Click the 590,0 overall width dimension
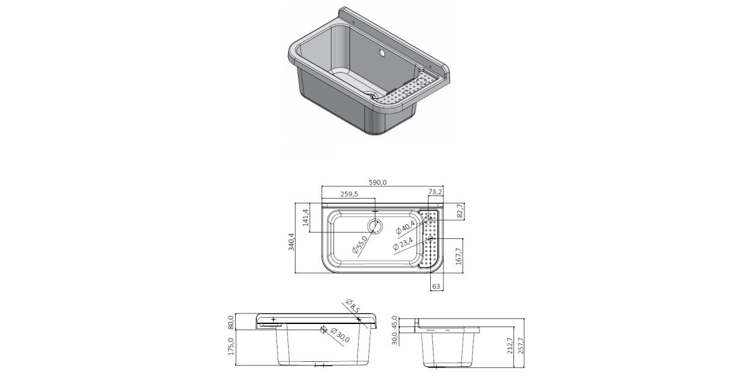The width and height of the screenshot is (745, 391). coord(378,182)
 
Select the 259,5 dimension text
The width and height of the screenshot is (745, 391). coord(349,194)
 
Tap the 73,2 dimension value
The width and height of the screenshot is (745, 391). coord(435,192)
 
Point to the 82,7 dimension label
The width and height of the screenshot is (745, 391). coord(461,211)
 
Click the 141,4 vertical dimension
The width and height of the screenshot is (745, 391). coord(306,217)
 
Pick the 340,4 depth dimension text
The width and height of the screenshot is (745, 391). coord(291,241)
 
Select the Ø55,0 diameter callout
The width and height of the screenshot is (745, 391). coord(359,245)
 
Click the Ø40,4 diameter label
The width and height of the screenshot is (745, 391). coord(405,227)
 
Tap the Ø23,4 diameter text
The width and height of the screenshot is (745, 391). coord(402,244)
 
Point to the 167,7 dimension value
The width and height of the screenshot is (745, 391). coord(459,256)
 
